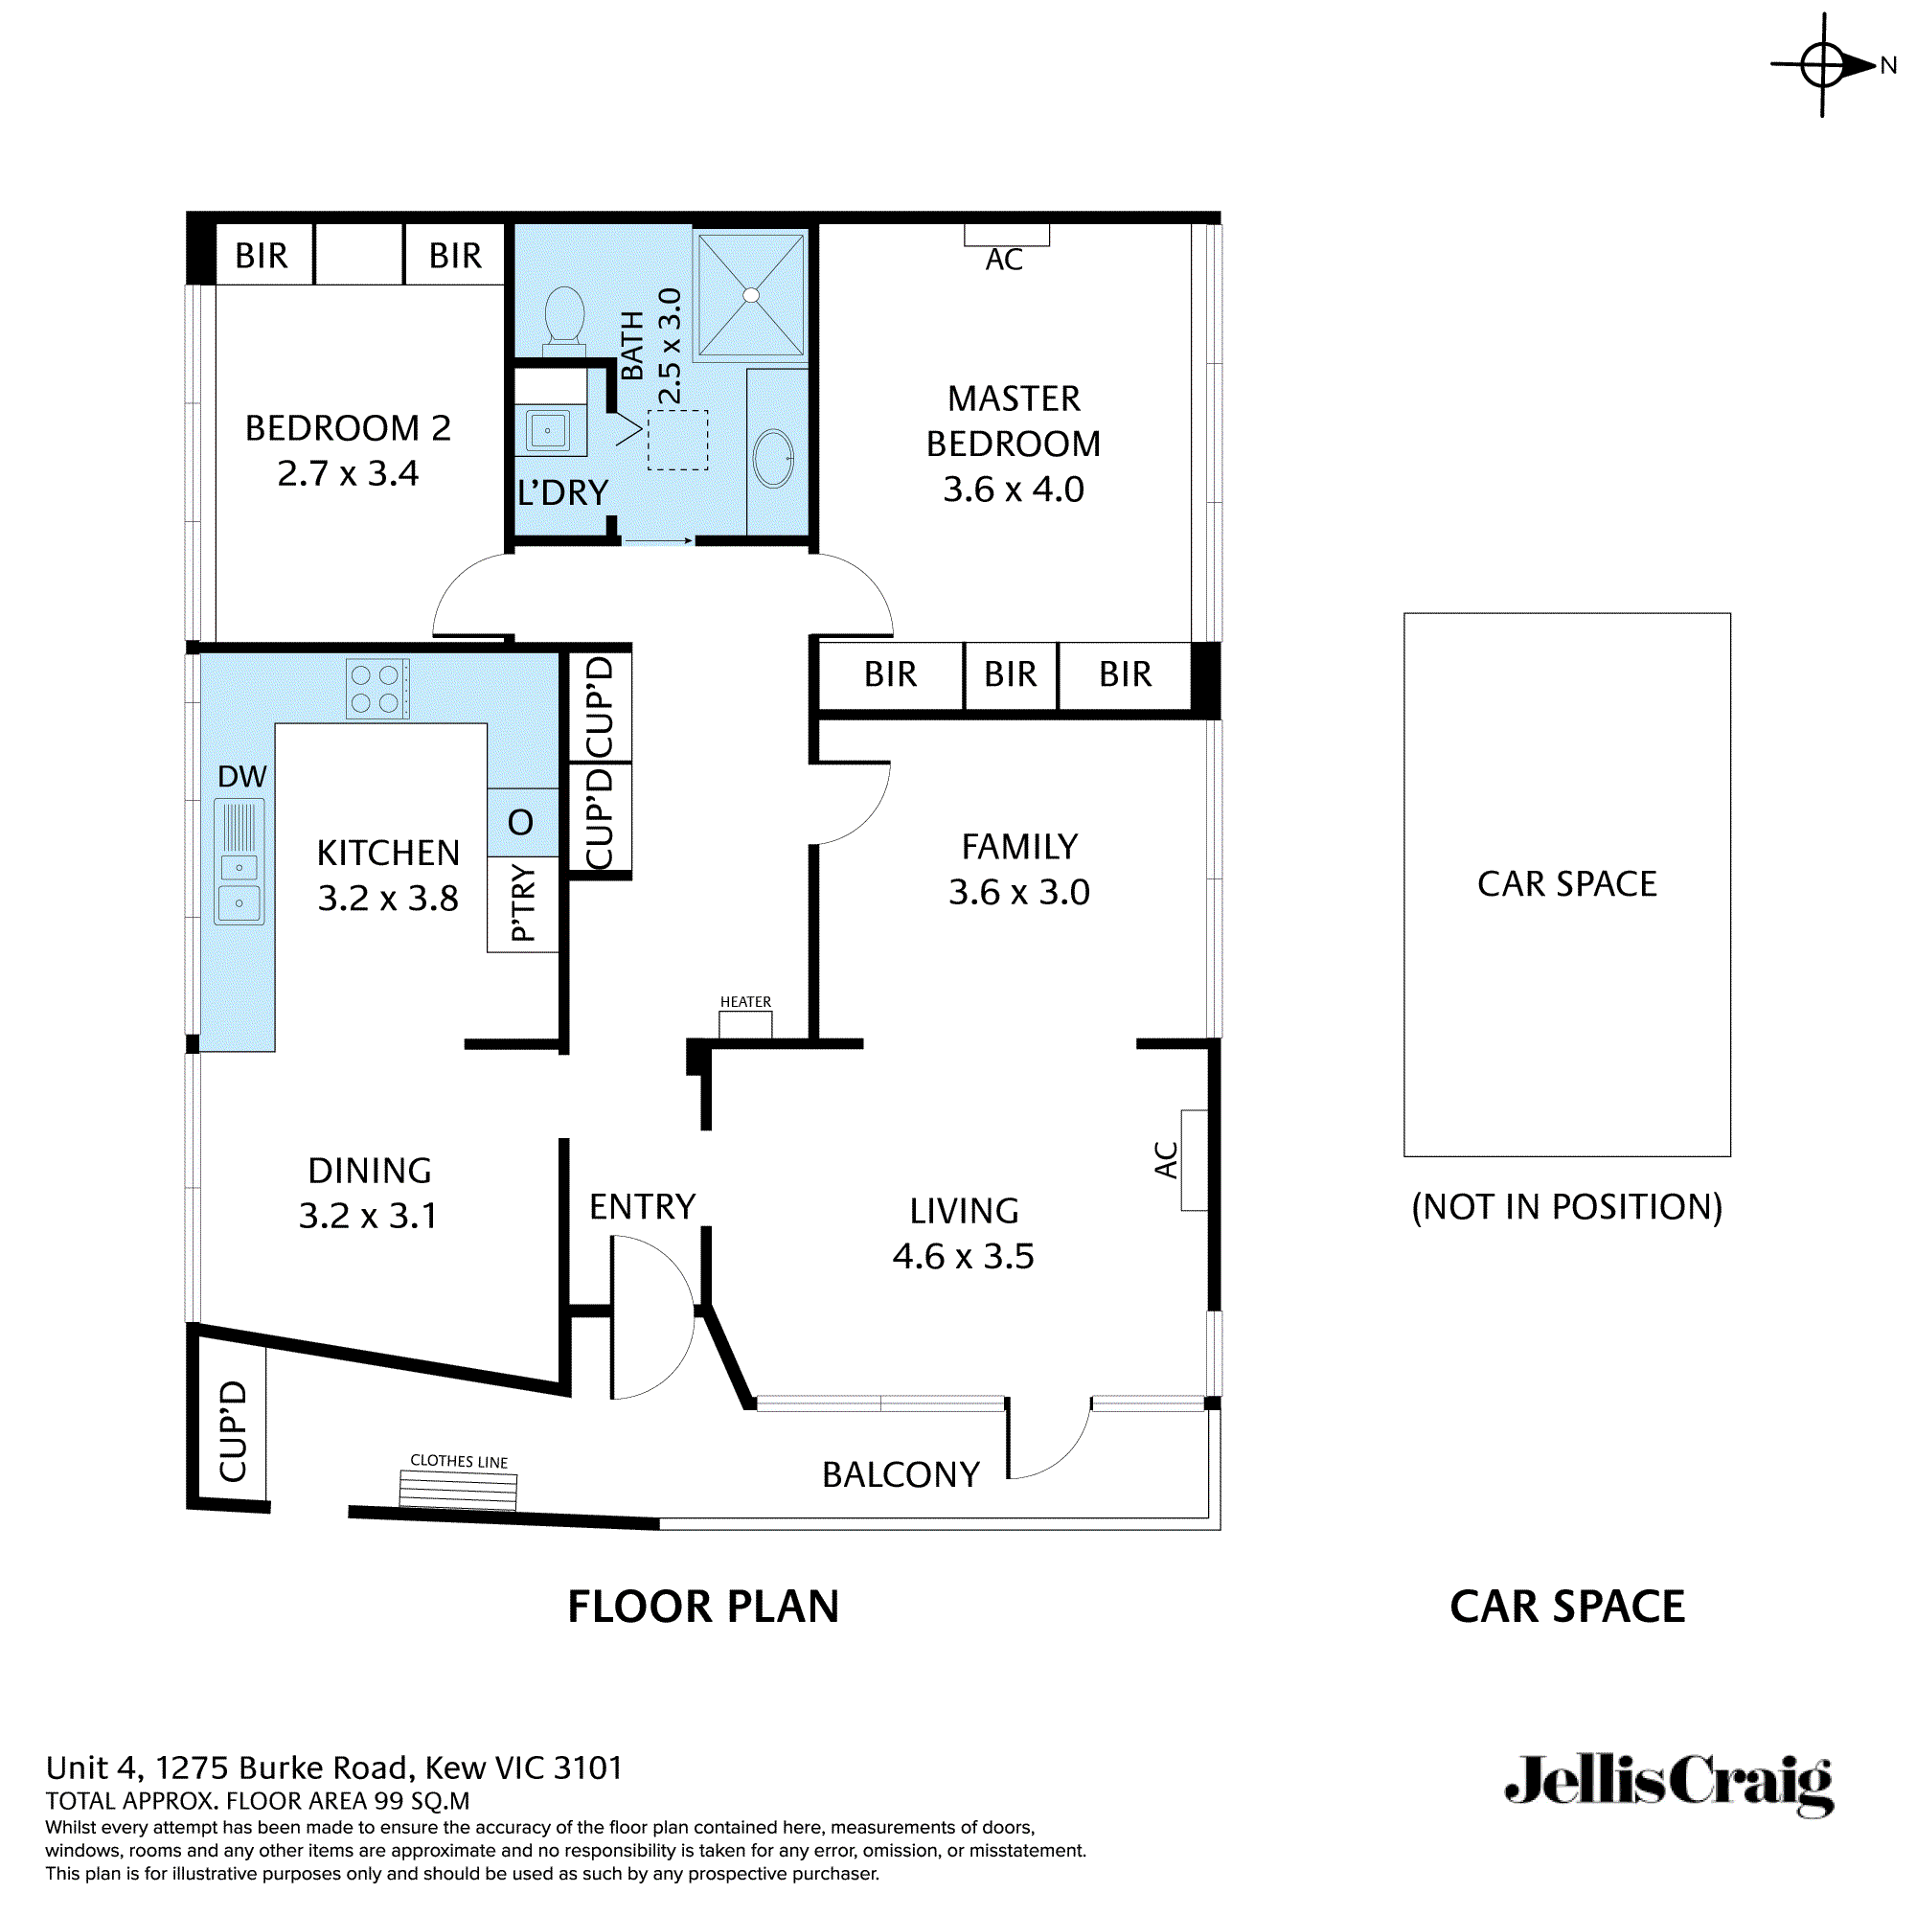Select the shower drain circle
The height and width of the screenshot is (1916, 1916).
[751, 294]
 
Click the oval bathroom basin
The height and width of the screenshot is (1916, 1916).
[773, 458]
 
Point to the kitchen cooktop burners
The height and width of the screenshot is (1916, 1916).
[376, 688]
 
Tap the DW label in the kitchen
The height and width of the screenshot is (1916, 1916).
[242, 777]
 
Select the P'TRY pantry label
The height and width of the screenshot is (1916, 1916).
[523, 902]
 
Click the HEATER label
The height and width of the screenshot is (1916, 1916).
[745, 1002]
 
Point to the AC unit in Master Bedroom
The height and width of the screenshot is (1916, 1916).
[1006, 236]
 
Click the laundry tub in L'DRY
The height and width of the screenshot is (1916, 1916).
[548, 430]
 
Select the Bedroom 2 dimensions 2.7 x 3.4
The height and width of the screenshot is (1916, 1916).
[348, 474]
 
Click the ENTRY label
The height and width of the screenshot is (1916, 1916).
[642, 1207]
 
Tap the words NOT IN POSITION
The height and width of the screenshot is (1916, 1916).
[1567, 1207]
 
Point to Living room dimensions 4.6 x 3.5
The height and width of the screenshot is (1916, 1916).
[963, 1257]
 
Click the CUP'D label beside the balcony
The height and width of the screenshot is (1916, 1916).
[233, 1431]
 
